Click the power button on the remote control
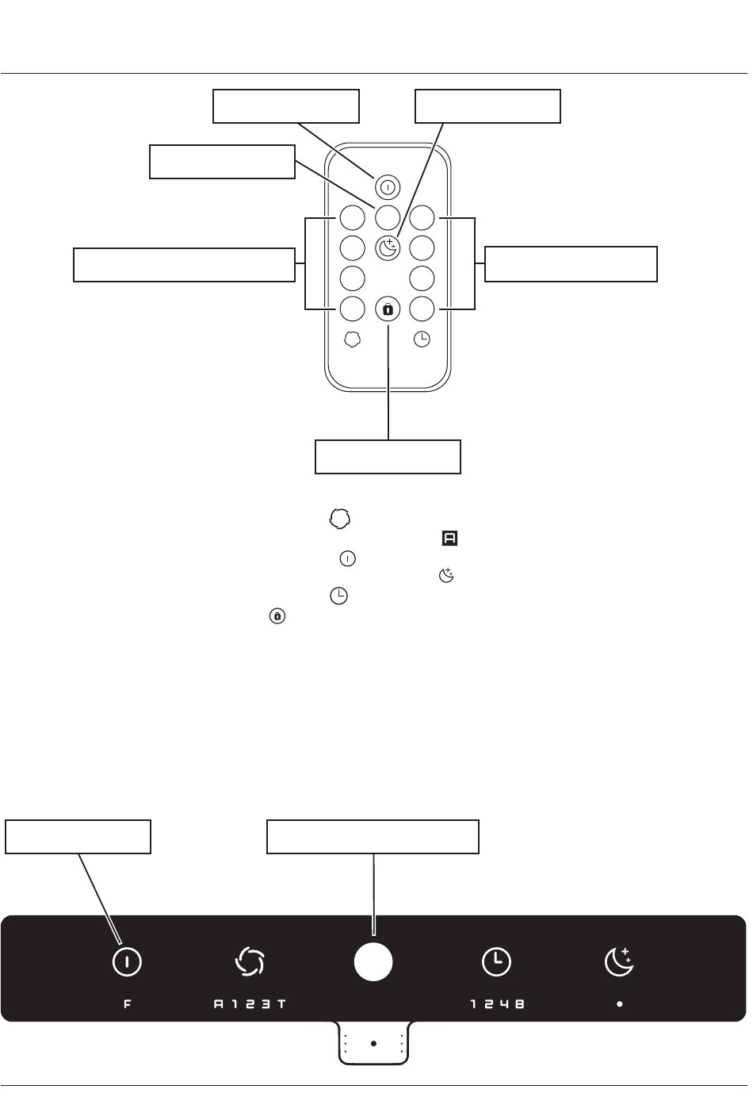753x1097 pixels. (x=390, y=189)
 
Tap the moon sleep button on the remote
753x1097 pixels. (x=390, y=250)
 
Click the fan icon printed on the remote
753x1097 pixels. (x=355, y=341)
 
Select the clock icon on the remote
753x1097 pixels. (x=425, y=341)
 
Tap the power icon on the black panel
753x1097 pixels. (x=128, y=970)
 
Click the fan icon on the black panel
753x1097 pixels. (x=251, y=970)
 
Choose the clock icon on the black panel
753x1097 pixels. (x=499, y=970)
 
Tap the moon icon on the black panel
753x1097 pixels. (x=623, y=969)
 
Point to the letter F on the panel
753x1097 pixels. (x=128, y=1012)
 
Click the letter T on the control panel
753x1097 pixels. (x=283, y=1012)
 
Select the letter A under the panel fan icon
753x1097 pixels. (x=220, y=1012)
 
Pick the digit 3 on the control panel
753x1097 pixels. (x=268, y=1012)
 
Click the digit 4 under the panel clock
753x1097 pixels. (x=508, y=1012)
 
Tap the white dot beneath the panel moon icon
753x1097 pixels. (x=623, y=1012)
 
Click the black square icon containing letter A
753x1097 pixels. (x=453, y=542)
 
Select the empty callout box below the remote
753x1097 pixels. (x=391, y=460)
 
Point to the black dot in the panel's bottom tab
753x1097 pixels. (x=376, y=1053)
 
